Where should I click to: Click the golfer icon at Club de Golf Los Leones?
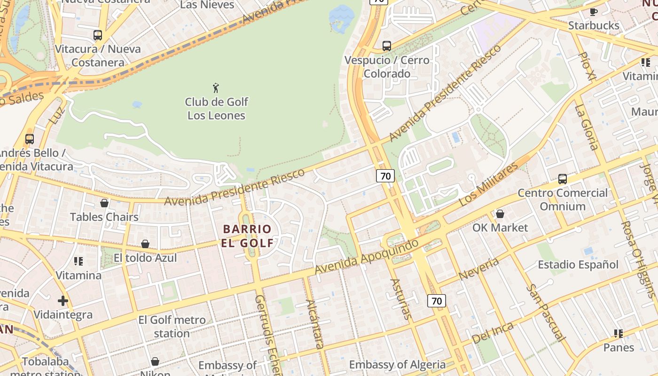216,87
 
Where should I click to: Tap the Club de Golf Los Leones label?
216,109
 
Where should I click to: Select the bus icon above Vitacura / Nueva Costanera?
98,35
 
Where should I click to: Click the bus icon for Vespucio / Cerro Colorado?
386,46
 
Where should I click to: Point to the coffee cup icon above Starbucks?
594,12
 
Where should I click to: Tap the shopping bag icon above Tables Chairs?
104,203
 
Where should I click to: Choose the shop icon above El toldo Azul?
145,244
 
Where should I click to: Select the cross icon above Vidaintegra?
63,301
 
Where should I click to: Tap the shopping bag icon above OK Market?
500,214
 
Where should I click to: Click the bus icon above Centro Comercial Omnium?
563,179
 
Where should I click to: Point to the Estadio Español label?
578,265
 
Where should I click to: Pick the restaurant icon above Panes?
619,334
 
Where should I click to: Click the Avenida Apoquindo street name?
367,257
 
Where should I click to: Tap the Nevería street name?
478,269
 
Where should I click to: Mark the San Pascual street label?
545,312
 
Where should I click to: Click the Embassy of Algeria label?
397,365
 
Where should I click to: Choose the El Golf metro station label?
172,327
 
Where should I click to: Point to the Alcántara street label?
314,324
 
